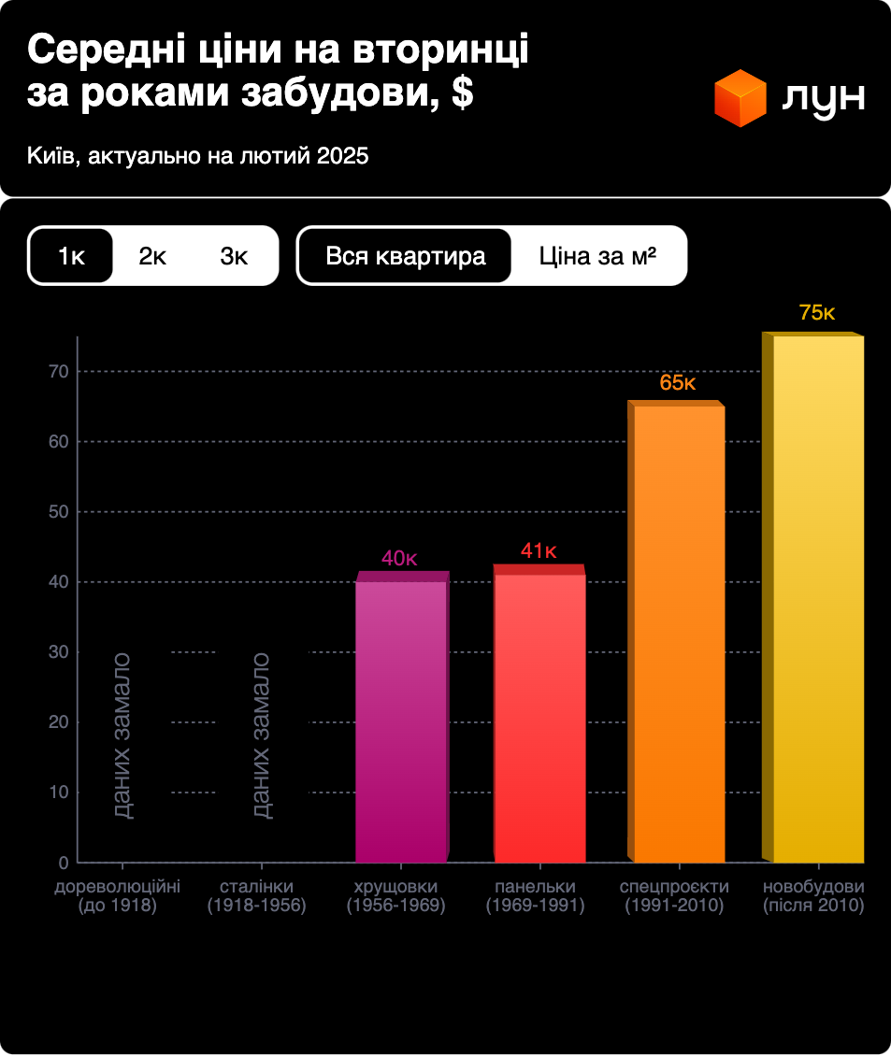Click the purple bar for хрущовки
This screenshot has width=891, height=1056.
[x=401, y=720]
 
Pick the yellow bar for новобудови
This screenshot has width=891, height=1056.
[x=817, y=598]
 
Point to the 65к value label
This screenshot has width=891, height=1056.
[x=678, y=383]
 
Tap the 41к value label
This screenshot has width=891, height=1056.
[x=539, y=551]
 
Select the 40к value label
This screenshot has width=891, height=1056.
[x=399, y=559]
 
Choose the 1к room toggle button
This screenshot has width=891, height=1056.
[x=71, y=256]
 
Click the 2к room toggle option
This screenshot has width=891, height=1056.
[x=152, y=256]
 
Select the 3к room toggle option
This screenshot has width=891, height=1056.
[x=234, y=256]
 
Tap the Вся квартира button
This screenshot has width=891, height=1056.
[x=406, y=256]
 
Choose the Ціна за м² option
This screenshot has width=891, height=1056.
[x=597, y=256]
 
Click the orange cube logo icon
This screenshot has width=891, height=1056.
[x=740, y=98]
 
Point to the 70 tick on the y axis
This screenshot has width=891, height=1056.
[x=58, y=372]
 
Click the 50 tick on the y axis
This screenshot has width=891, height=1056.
[x=58, y=512]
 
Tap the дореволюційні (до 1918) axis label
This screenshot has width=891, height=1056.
[x=117, y=895]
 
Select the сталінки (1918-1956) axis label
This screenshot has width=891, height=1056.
[x=257, y=895]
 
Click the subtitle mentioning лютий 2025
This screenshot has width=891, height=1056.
[x=198, y=155]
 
